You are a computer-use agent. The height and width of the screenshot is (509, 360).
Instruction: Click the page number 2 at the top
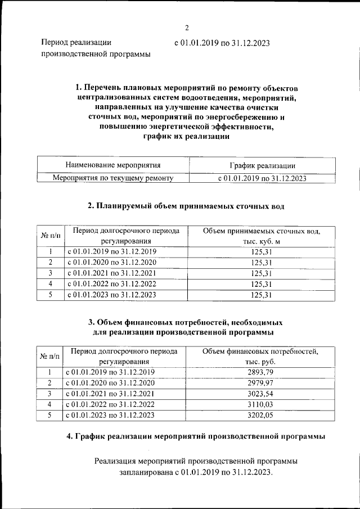pyautogui.click(x=187, y=28)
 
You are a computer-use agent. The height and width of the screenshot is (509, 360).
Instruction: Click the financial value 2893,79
pyautogui.click(x=260, y=372)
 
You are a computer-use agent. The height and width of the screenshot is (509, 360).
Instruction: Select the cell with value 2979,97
pyautogui.click(x=260, y=383)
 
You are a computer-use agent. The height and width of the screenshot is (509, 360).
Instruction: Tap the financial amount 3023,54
pyautogui.click(x=260, y=394)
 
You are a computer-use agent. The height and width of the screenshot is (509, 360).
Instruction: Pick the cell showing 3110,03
pyautogui.click(x=260, y=404)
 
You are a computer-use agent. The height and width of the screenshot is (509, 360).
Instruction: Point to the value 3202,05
pyautogui.click(x=260, y=415)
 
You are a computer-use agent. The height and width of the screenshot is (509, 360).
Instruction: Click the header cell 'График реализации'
pyautogui.click(x=262, y=165)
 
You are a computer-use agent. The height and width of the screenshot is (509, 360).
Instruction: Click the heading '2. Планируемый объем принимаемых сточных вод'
pyautogui.click(x=186, y=206)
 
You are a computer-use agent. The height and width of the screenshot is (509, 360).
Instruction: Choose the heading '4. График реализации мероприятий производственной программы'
pyautogui.click(x=195, y=436)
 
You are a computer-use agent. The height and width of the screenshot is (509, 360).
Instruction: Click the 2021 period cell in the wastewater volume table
pyautogui.click(x=111, y=273)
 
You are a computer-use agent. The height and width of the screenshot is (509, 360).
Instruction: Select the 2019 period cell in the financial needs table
pyautogui.click(x=110, y=372)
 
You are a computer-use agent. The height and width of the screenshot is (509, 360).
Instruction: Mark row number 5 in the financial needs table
pyautogui.click(x=49, y=415)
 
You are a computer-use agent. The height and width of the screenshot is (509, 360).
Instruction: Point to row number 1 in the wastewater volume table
pyautogui.click(x=51, y=251)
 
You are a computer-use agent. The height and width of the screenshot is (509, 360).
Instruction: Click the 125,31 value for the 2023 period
pyautogui.click(x=262, y=294)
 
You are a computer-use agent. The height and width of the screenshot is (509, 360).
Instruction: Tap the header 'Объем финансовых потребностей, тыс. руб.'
pyautogui.click(x=260, y=357)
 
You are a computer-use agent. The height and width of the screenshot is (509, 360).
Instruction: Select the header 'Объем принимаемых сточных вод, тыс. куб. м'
pyautogui.click(x=262, y=236)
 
